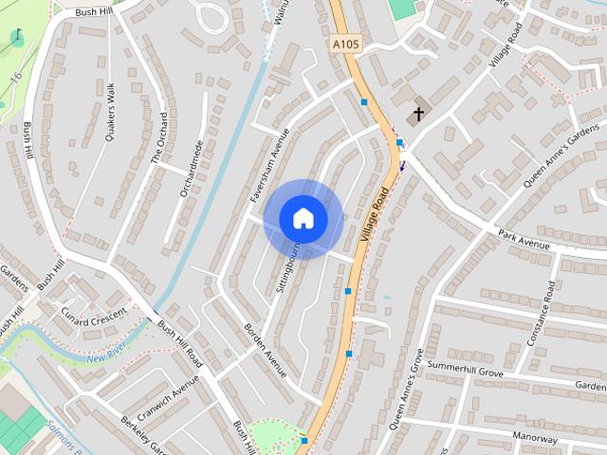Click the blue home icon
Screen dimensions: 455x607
303,219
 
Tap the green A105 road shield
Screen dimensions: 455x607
346,44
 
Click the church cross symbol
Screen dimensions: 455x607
416,116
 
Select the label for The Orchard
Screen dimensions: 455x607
160,138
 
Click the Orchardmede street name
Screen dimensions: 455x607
192,169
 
